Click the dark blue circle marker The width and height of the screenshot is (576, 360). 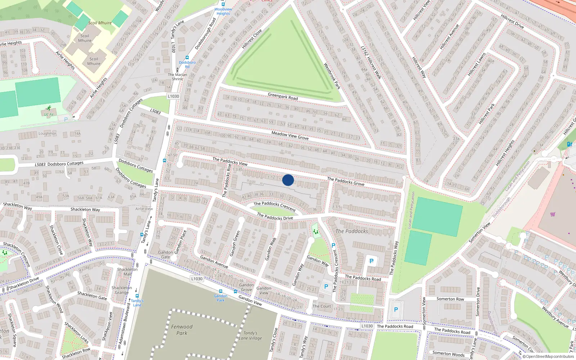288,180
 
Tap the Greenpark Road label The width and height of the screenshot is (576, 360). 283,96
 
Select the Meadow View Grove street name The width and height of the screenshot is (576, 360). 290,135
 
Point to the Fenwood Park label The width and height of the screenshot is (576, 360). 182,330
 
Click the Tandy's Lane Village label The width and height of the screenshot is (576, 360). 250,336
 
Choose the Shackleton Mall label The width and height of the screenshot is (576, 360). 127,271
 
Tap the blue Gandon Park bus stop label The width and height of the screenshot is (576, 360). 220,298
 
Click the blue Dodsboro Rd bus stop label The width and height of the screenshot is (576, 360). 187,64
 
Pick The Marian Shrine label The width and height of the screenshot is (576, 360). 177,77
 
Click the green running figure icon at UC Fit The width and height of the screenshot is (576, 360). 49,108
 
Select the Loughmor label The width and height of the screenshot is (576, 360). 48,134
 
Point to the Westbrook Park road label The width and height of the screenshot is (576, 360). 332,76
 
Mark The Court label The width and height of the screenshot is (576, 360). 321,306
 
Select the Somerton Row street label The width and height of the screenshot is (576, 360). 450,299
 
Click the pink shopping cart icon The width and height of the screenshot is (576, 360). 553,215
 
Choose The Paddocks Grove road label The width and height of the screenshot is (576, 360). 346,181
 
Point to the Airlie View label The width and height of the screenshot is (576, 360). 144,209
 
